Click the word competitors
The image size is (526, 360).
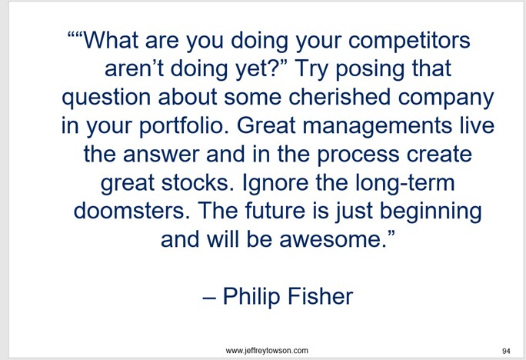coord(409,42)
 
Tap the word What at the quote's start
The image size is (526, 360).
coord(110,40)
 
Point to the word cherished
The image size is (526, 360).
coord(340,97)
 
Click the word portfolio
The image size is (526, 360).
coord(184,127)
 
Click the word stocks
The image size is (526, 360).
coord(198,183)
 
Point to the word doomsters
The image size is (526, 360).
coord(129,211)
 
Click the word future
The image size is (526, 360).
coord(275,211)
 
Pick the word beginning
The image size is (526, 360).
coord(431,212)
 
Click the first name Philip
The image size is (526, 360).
coord(251,298)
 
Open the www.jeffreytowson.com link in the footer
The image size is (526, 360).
coord(267,351)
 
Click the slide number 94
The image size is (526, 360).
coord(506,351)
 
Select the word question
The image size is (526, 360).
coord(106,98)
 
